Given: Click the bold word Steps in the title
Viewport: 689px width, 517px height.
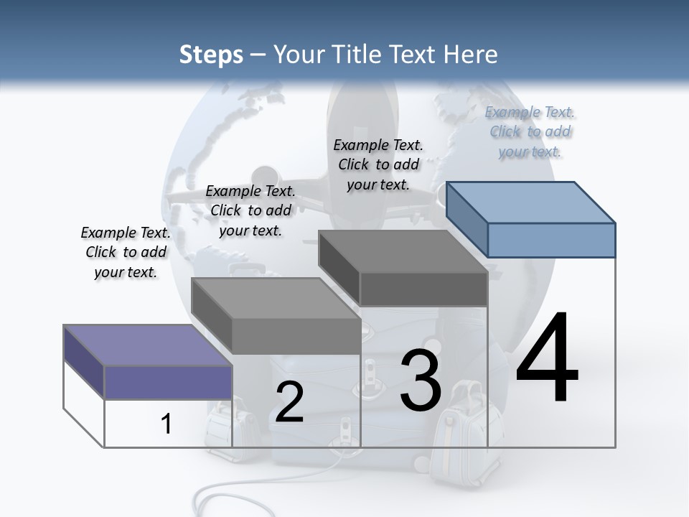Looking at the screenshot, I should pyautogui.click(x=211, y=55).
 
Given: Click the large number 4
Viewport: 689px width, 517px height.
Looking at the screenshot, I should pyautogui.click(x=547, y=358).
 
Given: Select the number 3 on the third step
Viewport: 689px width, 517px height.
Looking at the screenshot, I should pyautogui.click(x=421, y=381).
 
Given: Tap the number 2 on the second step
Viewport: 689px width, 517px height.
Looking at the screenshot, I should pyautogui.click(x=289, y=402).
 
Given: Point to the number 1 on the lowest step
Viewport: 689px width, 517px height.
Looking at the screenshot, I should pyautogui.click(x=166, y=424).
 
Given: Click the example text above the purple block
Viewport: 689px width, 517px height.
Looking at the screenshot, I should pyautogui.click(x=126, y=252).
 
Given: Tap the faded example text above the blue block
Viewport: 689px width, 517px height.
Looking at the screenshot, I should pyautogui.click(x=530, y=131).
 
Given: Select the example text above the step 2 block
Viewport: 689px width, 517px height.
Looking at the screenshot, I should pyautogui.click(x=250, y=210).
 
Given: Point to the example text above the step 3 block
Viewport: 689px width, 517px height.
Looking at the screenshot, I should pyautogui.click(x=378, y=164).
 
